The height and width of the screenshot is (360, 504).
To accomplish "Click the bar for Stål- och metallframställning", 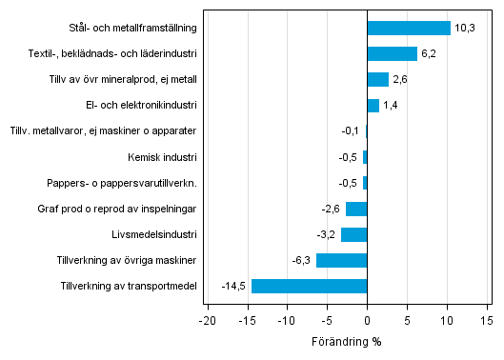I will [408, 28].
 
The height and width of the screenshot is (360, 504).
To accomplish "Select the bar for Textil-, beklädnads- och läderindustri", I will [392, 53].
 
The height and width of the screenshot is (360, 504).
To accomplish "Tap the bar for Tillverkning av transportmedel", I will [309, 286].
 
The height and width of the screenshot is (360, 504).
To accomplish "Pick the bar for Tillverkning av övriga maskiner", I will [341, 260].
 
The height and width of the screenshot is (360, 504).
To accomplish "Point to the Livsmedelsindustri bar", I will [353, 234].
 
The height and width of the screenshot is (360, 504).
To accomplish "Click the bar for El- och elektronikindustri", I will [373, 105].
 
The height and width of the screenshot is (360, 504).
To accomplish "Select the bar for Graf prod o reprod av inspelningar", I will [356, 209].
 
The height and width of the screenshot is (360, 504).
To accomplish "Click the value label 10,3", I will [465, 29].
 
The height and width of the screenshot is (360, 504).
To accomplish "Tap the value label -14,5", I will [234, 287].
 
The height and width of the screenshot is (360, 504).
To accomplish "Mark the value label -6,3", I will [302, 261].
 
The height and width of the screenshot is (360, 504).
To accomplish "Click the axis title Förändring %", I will [348, 342].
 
